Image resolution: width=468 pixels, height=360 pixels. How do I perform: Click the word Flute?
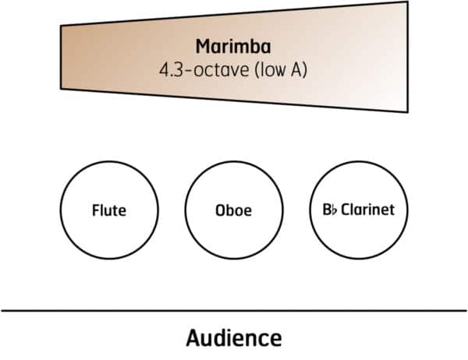point(108,210)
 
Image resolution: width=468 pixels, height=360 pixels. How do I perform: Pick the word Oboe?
point(233,210)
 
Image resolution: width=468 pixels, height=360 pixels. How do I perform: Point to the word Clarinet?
point(367,210)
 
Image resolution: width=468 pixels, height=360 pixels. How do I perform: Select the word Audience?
point(233,338)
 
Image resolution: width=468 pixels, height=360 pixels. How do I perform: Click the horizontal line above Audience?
point(233,311)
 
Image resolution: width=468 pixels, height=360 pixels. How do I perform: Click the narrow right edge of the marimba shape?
point(407,58)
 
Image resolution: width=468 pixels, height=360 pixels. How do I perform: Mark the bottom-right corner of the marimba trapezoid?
point(407,112)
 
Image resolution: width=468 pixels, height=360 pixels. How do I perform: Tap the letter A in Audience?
point(193,338)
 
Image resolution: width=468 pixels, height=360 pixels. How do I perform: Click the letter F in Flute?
point(94,210)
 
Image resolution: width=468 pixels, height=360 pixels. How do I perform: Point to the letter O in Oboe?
point(219,210)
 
